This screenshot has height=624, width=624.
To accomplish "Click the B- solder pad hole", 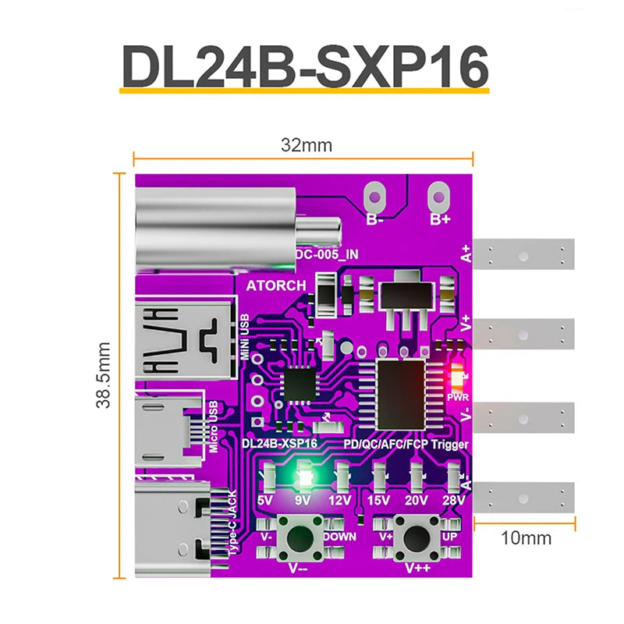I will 376,193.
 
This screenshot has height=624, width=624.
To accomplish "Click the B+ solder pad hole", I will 440,193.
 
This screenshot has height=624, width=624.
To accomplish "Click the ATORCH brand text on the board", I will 276,285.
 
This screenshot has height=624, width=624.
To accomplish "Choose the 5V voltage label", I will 266,499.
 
